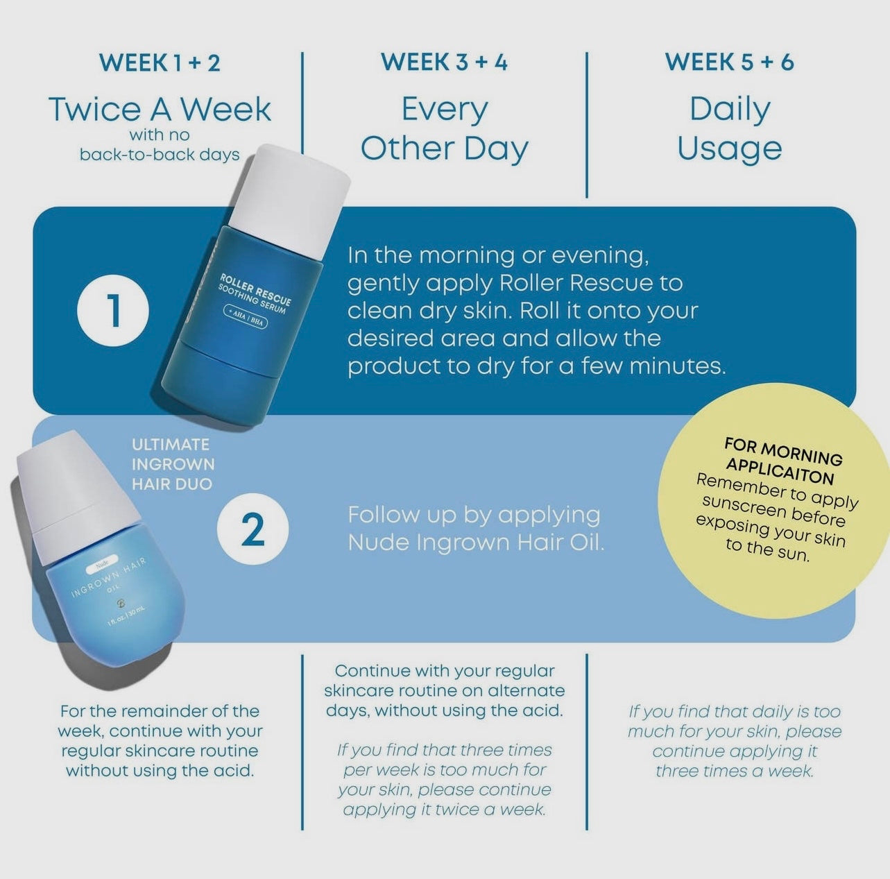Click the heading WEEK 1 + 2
tap(160, 63)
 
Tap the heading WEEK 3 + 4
tap(445, 62)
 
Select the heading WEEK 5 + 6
tap(730, 62)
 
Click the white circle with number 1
tap(113, 310)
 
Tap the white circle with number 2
tap(253, 529)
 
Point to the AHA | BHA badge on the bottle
tap(246, 317)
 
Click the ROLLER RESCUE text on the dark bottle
tap(255, 289)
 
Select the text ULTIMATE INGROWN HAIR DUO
tap(173, 464)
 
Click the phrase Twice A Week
tap(160, 110)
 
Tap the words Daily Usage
tap(730, 129)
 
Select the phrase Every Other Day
tap(445, 129)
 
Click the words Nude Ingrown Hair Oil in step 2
tap(476, 543)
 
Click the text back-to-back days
tap(160, 154)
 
